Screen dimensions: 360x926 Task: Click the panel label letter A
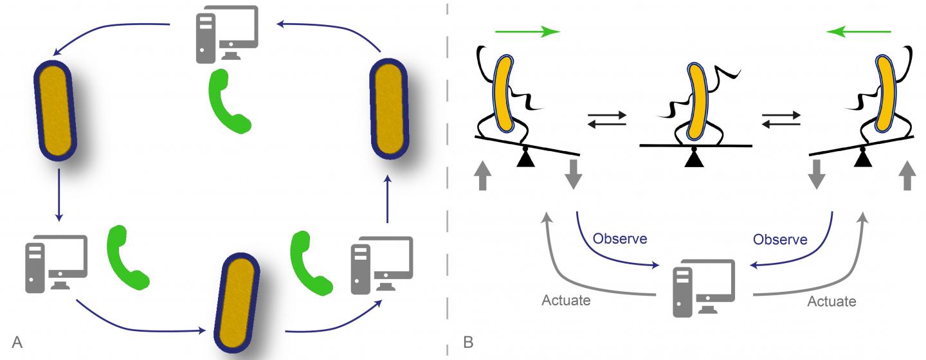17,343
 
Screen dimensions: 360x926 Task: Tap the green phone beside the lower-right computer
311,260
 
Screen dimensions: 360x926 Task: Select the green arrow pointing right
527,32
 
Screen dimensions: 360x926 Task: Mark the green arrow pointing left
859,32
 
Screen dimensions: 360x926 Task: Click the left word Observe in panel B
619,239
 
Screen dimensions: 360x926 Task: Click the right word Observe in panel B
779,239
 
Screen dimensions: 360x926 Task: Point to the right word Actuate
831,301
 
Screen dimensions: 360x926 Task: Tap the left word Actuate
567,301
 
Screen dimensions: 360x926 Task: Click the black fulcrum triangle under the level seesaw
694,157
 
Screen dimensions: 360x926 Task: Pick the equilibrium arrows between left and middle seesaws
607,120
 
